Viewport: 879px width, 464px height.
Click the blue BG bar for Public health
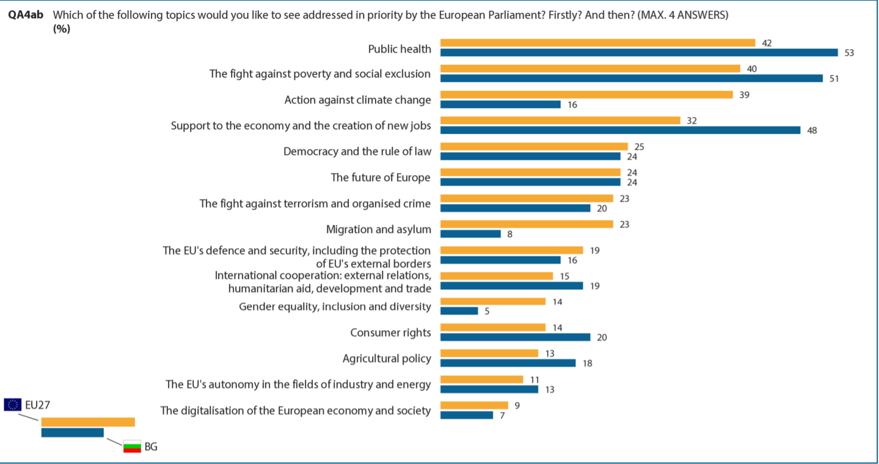639,53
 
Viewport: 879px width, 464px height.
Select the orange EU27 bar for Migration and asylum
527,224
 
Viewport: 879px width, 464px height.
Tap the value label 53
849,53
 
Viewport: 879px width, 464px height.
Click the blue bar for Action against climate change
500,105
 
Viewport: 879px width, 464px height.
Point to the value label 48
812,130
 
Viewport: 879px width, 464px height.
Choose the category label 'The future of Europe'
381,177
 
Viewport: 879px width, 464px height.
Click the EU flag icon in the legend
12,405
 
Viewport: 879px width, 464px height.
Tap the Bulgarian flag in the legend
133,447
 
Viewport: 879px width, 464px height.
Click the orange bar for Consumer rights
493,328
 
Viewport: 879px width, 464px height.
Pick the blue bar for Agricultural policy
508,363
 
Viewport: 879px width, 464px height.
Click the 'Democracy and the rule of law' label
357,152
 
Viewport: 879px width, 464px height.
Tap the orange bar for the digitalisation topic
474,405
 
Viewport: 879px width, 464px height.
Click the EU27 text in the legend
37,405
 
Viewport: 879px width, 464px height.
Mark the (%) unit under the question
62,29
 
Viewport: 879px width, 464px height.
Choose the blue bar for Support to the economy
620,130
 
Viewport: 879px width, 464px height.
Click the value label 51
834,79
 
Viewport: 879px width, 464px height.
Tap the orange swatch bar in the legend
88,422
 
